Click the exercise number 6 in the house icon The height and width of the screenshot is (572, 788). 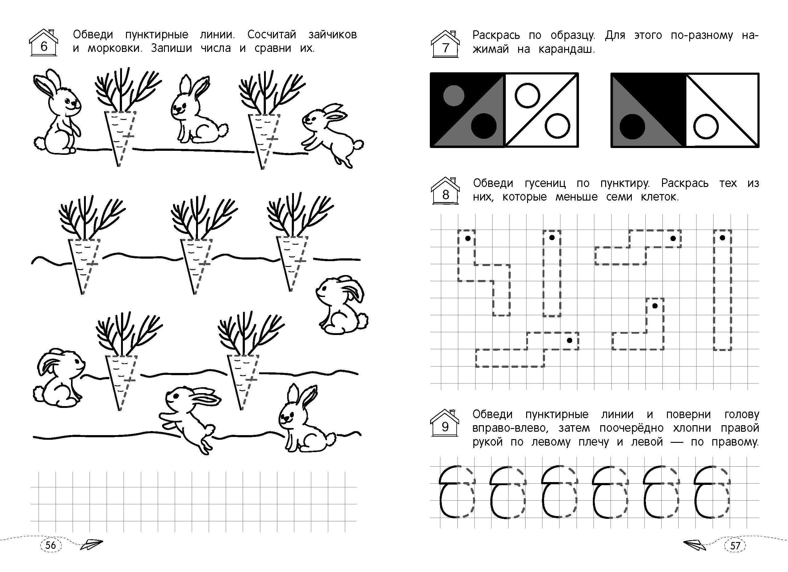tap(44, 46)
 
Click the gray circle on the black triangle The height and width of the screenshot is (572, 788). tap(454, 95)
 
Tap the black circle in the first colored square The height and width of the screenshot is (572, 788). tap(484, 126)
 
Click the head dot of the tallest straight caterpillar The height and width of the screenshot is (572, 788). tap(723, 238)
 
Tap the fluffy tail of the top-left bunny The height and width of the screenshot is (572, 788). tap(40, 143)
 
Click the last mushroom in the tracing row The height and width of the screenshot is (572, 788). tap(711, 491)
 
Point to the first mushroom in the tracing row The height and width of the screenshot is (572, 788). tap(457, 491)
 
